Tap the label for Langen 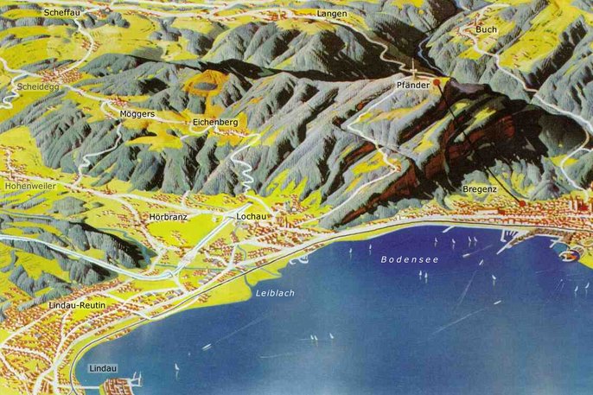coord(332,15)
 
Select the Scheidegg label coord(37,87)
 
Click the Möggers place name coord(137,114)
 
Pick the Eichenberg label coord(215,123)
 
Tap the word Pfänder coord(413,86)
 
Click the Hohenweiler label coord(30,186)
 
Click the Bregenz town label coord(480,188)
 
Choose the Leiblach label coord(275,293)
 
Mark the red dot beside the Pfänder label coord(437,83)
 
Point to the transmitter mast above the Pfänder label coord(413,71)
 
